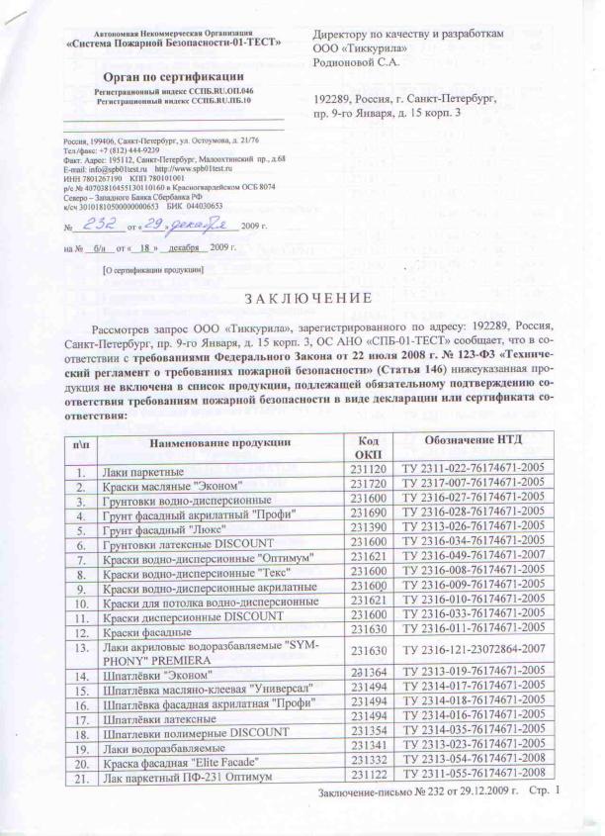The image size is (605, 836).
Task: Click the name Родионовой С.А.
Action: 358,61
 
